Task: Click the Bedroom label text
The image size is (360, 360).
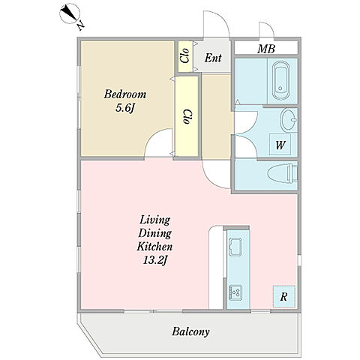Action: (x=125, y=94)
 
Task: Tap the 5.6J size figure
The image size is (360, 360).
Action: (x=125, y=108)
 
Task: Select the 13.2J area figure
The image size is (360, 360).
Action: (x=154, y=260)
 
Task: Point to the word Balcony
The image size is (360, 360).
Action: (x=190, y=332)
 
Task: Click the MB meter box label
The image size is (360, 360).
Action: (x=266, y=49)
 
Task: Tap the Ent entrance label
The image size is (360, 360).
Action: (x=213, y=58)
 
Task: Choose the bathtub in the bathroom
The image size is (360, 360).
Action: (x=280, y=81)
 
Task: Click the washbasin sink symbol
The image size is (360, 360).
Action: (x=289, y=120)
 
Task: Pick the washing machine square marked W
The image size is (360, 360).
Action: (x=280, y=145)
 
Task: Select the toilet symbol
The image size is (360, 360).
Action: (x=283, y=173)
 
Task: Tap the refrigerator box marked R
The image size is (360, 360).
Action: (x=283, y=296)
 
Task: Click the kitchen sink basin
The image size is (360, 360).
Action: (x=235, y=247)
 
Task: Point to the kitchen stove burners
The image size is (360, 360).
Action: (x=235, y=292)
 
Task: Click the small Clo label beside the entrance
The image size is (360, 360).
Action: (x=184, y=55)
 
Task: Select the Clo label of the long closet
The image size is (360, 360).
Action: (x=187, y=117)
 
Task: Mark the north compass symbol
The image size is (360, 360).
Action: (x=70, y=13)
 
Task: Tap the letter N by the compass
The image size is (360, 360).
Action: (x=80, y=25)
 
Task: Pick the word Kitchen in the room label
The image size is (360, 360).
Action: (x=154, y=247)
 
